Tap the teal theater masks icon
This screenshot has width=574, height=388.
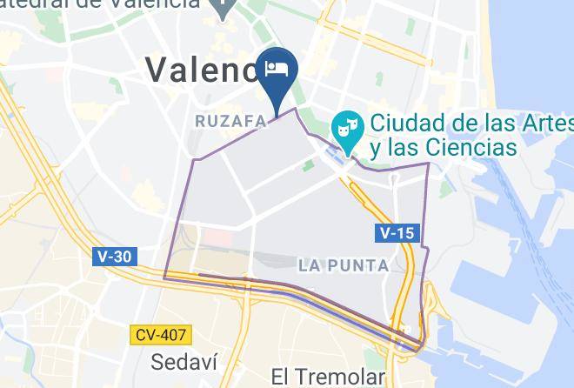pyautogui.click(x=347, y=127)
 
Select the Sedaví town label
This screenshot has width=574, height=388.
pyautogui.click(x=183, y=361)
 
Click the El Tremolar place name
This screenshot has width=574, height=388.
pyautogui.click(x=327, y=378)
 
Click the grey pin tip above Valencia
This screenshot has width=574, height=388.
pyautogui.click(x=224, y=16)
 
